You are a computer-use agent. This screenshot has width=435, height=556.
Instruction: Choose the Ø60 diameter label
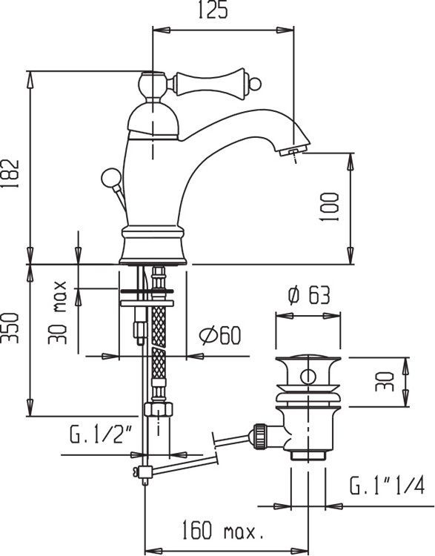(x=220, y=336)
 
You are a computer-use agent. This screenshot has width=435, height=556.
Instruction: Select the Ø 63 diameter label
(x=306, y=296)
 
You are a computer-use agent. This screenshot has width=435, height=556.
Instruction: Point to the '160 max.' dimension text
(x=222, y=531)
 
